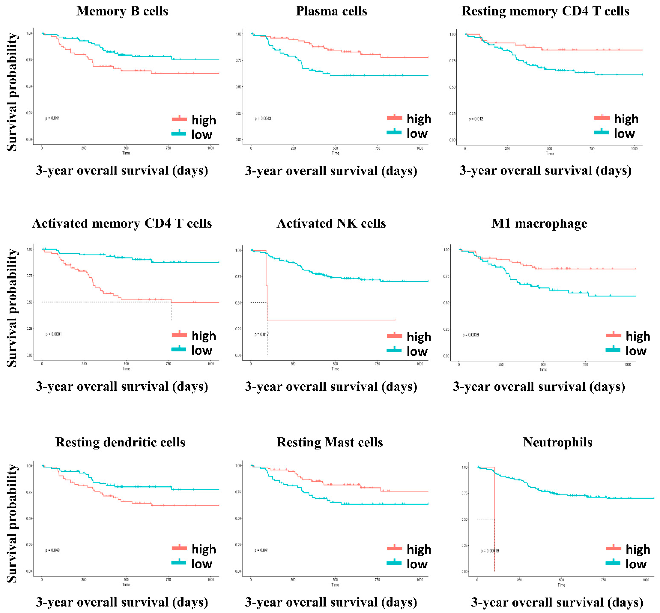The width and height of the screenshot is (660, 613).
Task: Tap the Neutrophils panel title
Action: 557,442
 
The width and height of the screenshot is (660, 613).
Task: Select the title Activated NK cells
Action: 331,223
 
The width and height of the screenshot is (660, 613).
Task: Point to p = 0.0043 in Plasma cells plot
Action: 263,118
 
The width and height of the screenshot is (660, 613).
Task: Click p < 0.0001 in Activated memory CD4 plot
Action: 54,334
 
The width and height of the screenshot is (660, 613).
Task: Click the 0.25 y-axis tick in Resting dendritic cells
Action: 29,545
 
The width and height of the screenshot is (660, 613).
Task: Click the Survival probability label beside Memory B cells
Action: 12,92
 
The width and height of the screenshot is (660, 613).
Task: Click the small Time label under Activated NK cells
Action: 335,369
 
